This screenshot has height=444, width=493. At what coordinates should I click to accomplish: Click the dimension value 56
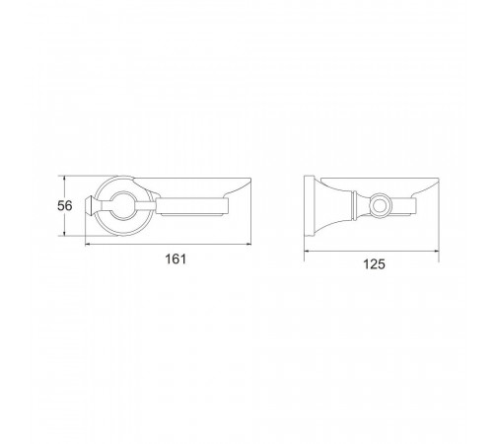(64, 206)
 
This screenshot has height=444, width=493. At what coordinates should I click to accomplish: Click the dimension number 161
(176, 259)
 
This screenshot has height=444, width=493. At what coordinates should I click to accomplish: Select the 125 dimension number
(374, 264)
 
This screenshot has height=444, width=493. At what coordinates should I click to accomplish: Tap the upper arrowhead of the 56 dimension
(65, 179)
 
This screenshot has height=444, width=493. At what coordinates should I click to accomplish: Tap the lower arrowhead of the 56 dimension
(65, 233)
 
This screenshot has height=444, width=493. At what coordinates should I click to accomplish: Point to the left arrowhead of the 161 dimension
(88, 244)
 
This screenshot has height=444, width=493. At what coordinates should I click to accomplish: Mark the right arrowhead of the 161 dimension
(248, 244)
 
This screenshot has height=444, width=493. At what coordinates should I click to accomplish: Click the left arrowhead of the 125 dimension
(307, 252)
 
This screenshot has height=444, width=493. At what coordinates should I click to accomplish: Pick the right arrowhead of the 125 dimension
(436, 252)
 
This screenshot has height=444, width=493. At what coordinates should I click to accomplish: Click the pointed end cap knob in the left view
(90, 206)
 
